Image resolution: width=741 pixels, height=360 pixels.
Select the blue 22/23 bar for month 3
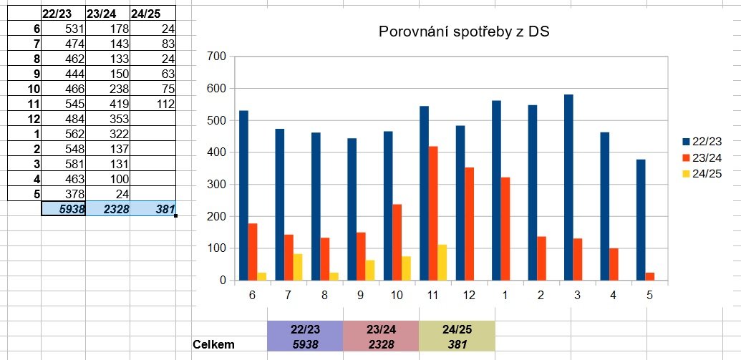click(x=569, y=188)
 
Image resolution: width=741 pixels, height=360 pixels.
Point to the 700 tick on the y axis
click(x=215, y=57)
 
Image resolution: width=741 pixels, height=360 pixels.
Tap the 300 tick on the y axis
click(x=215, y=185)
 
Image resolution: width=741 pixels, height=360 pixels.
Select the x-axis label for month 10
click(x=397, y=295)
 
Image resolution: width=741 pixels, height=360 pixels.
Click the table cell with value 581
click(x=64, y=163)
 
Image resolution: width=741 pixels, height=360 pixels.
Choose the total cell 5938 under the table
click(x=64, y=209)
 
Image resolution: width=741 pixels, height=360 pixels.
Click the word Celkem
click(x=215, y=344)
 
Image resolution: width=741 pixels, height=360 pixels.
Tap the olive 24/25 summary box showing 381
click(x=456, y=336)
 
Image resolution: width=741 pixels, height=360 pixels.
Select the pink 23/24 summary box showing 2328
click(x=380, y=336)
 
